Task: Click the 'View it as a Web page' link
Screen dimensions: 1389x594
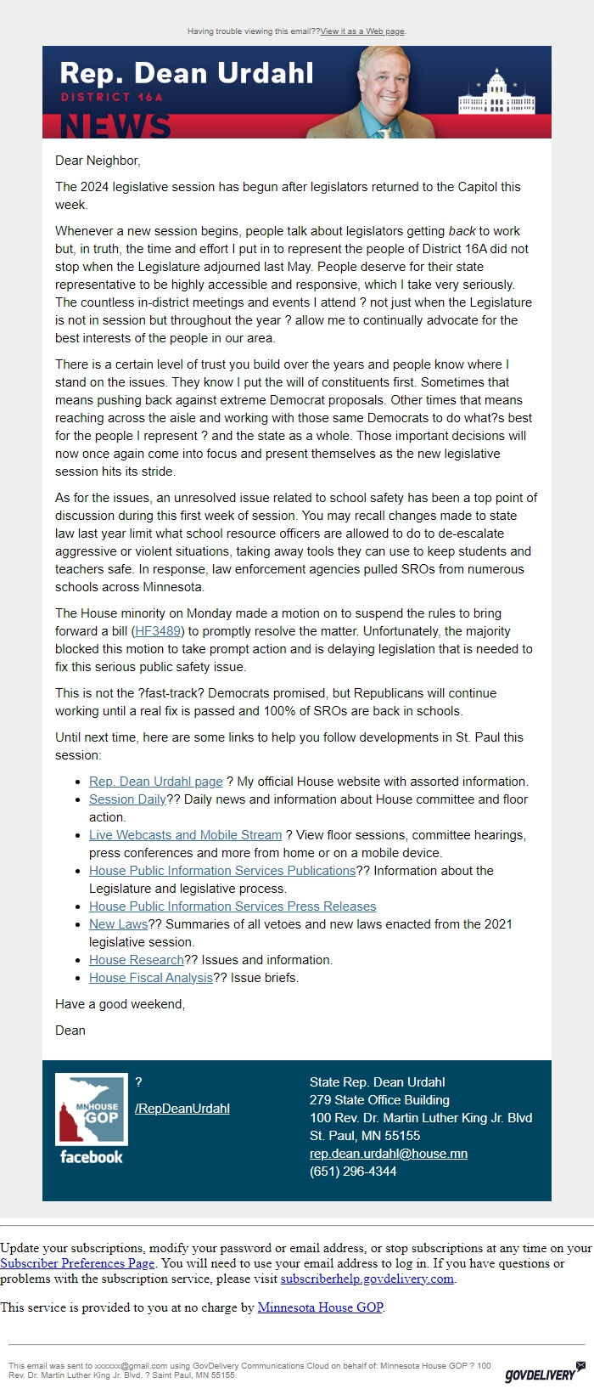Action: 362,31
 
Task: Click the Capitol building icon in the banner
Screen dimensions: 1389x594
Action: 496,94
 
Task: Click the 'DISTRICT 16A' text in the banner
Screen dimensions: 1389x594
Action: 111,97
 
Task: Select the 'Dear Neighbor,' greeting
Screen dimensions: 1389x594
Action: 98,161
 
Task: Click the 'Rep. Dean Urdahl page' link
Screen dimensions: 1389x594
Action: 155,782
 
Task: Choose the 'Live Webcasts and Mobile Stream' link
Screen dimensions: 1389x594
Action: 185,835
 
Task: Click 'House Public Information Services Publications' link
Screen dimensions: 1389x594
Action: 221,871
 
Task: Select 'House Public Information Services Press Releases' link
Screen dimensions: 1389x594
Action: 232,906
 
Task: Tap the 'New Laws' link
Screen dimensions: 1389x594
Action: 118,924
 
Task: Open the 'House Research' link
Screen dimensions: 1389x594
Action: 136,960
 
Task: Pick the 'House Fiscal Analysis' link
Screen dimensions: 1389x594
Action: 150,978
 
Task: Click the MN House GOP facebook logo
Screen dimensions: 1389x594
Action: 91,1118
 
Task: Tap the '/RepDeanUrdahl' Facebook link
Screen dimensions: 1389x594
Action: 182,1109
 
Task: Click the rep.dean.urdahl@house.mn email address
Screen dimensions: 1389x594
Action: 388,1154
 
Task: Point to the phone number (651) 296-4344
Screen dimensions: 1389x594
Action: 353,1172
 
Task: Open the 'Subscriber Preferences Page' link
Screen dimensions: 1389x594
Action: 77,1263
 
